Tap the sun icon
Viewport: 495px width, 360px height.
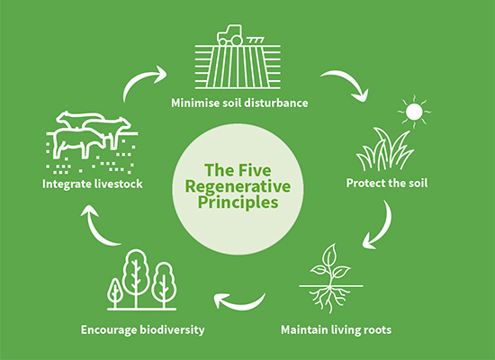tap(415, 112)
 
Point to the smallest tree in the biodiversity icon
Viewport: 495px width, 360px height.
tap(115, 291)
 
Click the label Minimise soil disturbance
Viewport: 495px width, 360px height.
tap(240, 103)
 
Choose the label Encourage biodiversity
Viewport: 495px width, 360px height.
tap(142, 329)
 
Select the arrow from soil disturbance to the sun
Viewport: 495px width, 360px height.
tap(347, 84)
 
